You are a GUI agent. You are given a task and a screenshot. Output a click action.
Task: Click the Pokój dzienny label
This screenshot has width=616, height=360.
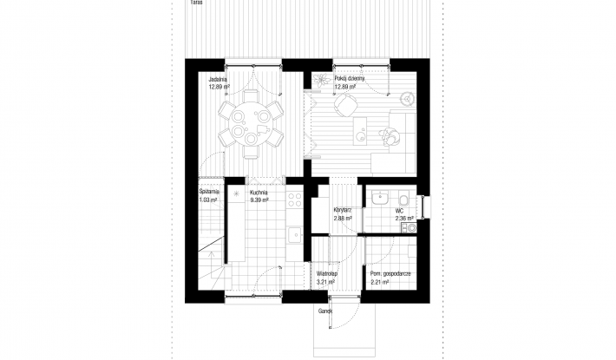point(349,78)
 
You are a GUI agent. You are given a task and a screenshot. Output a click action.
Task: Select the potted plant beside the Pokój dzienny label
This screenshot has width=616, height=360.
point(322,79)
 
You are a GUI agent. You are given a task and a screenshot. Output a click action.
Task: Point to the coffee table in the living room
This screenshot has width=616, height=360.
point(360,131)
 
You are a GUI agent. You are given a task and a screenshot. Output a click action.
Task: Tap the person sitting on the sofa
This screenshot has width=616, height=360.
point(390,134)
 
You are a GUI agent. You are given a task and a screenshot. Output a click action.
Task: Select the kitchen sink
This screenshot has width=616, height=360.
point(293,232)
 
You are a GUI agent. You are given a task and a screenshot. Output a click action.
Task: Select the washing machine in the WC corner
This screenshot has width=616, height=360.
point(410,228)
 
